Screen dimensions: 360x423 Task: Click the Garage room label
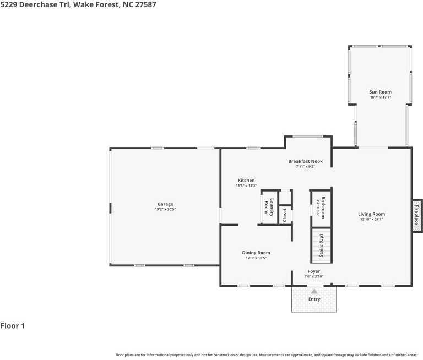(165, 204)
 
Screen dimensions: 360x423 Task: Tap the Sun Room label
(380, 92)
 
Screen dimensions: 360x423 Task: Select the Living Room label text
(371, 214)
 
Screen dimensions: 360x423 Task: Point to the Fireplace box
(417, 214)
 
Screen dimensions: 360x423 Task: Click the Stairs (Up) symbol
(321, 245)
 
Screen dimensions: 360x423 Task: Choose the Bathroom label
(323, 207)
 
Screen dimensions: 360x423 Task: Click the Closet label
(285, 215)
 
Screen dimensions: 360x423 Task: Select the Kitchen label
(246, 181)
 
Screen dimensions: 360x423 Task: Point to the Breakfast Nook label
(305, 161)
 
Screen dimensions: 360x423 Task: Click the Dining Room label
(256, 253)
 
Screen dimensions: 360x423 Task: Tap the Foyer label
(313, 271)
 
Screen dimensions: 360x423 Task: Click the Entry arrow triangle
(314, 291)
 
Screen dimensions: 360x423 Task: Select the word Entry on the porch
(314, 299)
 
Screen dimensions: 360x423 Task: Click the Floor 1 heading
(13, 326)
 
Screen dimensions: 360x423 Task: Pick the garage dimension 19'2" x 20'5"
(165, 209)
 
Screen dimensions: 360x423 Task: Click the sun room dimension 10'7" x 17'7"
(380, 97)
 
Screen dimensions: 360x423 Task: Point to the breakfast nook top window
(308, 137)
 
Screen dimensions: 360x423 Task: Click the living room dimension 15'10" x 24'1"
(371, 220)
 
